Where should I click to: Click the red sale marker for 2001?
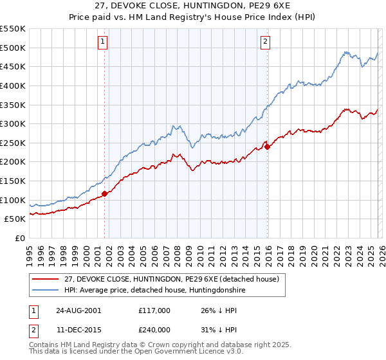point(105,194)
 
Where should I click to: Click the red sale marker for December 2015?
point(267,147)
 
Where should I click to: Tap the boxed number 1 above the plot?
point(103,42)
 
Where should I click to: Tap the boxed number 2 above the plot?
point(265,42)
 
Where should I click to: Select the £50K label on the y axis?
point(15,219)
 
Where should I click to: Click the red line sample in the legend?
point(46,279)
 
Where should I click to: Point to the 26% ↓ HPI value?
point(219,310)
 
